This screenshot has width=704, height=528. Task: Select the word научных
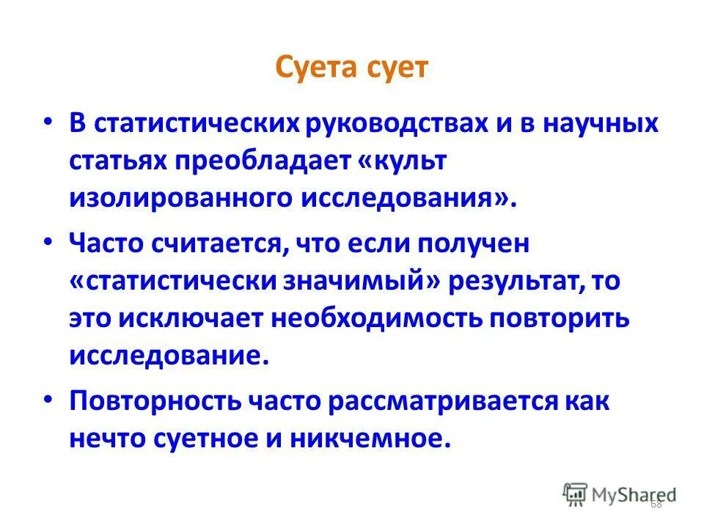pos(594,123)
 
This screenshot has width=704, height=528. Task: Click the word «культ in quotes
pos(401,161)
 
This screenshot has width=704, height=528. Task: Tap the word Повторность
pos(156,402)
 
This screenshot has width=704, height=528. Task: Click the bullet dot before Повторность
pos(48,397)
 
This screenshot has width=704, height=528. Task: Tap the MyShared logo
pos(620,495)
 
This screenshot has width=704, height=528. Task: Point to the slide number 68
pos(655,504)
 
